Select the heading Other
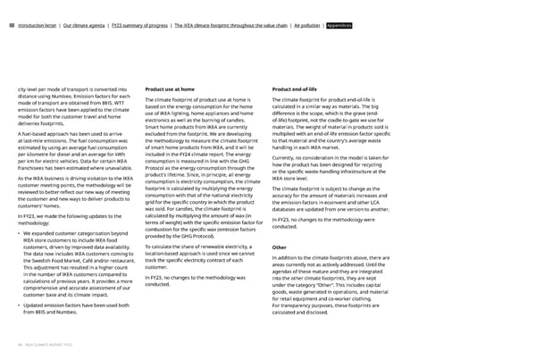point(279,222)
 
